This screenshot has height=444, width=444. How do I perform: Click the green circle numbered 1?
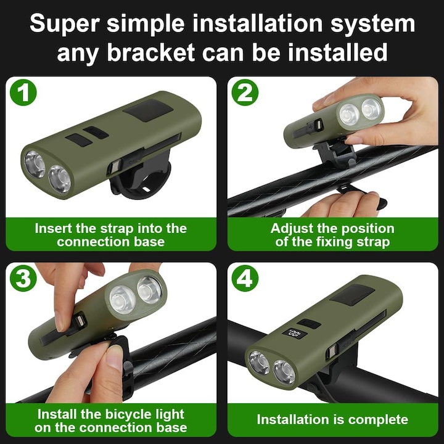tap(23, 92)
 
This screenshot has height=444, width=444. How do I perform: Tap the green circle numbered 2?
tap(245, 92)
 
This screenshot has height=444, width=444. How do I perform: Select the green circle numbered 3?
tap(23, 278)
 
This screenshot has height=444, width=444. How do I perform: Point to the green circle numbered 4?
tap(245, 278)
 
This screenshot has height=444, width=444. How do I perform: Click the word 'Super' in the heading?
tap(65, 24)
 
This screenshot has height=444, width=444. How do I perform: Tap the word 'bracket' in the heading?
tap(151, 52)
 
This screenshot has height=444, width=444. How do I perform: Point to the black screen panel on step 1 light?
tap(149, 110)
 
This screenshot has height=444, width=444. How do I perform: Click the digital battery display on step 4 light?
tap(295, 334)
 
